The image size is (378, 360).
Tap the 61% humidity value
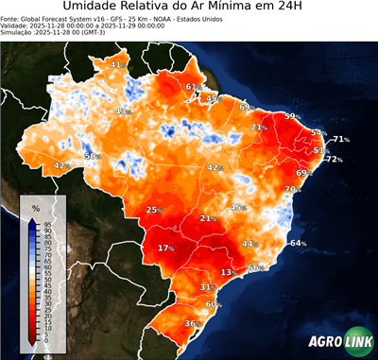tap(192, 87)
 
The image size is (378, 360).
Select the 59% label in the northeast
tap(293, 116)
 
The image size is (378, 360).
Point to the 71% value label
tap(341, 140)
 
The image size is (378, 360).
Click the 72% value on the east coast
tap(334, 160)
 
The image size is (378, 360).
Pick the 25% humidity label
tap(154, 210)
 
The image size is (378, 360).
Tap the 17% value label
tap(166, 248)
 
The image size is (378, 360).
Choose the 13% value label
tap(228, 272)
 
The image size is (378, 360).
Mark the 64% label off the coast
tap(298, 244)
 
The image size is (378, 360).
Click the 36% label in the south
tap(191, 324)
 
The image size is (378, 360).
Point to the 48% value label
tap(238, 207)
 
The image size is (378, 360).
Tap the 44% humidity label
tap(250, 244)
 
